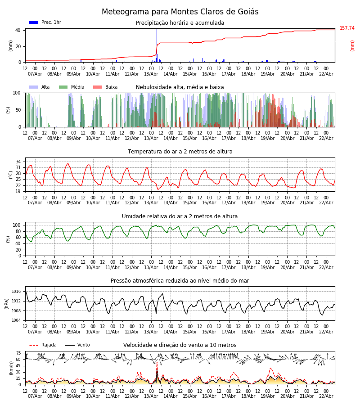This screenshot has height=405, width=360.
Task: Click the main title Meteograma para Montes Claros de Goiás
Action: (180, 12)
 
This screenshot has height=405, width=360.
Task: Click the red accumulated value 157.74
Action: (347, 28)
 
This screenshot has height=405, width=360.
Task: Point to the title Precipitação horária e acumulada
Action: (180, 23)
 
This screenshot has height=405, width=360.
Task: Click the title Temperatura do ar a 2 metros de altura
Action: (180, 152)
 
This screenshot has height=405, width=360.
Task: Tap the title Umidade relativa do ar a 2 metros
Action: (180, 216)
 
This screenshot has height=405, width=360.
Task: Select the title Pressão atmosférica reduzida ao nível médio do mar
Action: (180, 281)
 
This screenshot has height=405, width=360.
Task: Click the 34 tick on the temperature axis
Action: (18, 162)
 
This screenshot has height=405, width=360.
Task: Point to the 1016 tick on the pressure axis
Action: (16, 292)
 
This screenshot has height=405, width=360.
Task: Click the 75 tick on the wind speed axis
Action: (18, 353)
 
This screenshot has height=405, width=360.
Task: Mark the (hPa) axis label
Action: (7, 303)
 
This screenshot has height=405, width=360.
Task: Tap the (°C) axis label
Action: (10, 175)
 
